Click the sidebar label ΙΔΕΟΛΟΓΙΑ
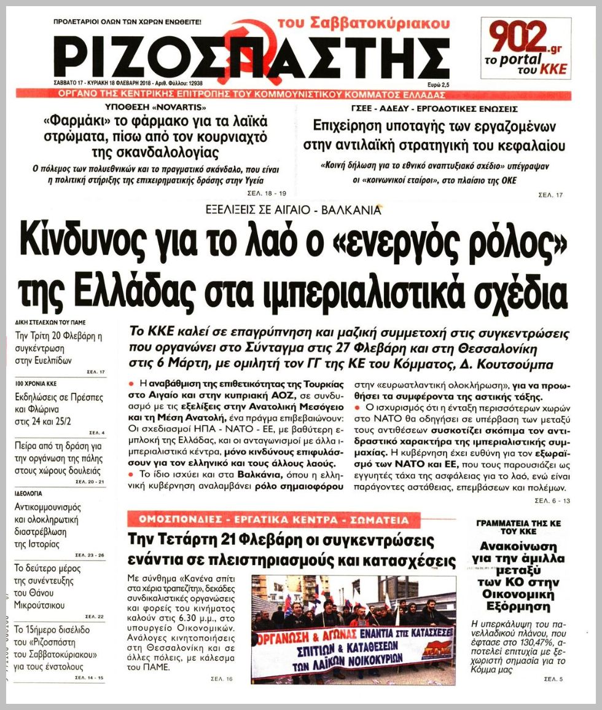click(30, 493)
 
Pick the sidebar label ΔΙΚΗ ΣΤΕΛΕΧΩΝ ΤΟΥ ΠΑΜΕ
click(50, 322)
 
